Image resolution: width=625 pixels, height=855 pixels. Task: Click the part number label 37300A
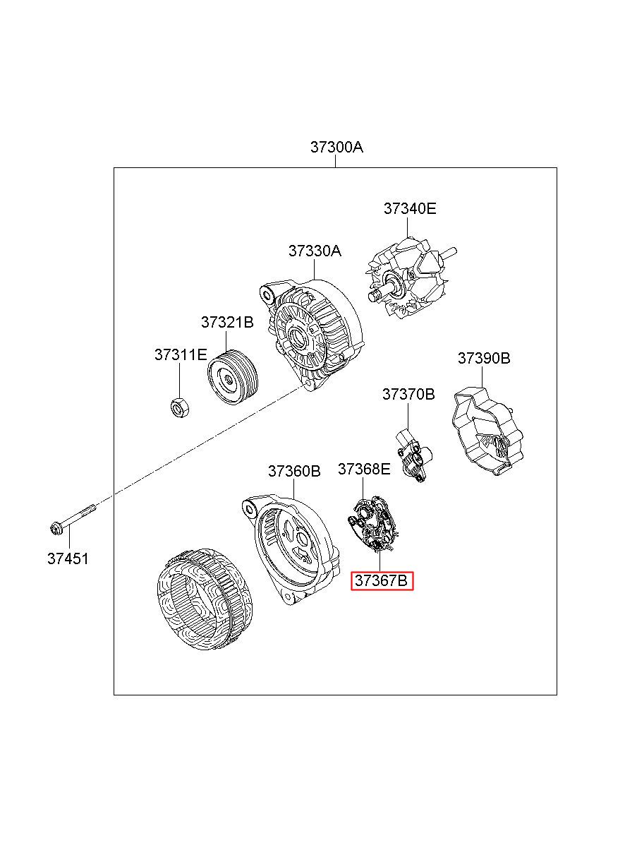coord(336,147)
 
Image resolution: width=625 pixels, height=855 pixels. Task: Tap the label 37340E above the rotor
coord(410,208)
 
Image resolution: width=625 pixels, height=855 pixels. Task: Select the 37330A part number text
coord(315,251)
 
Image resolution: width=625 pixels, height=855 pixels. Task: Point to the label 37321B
coord(227,322)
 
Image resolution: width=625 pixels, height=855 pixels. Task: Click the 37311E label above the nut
coord(181,354)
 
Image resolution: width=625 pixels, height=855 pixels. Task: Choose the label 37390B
coord(484,358)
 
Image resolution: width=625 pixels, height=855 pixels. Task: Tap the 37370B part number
coord(408,394)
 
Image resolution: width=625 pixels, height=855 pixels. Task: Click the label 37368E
coord(364,469)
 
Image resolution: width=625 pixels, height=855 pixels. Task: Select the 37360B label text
coord(294,471)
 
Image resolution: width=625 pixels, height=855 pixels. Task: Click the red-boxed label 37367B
coord(382,580)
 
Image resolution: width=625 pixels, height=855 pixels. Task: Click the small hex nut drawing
coord(179,407)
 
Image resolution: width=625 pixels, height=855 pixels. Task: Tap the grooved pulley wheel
coord(233,377)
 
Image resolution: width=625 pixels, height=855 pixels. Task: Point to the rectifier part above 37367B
coord(374,524)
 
